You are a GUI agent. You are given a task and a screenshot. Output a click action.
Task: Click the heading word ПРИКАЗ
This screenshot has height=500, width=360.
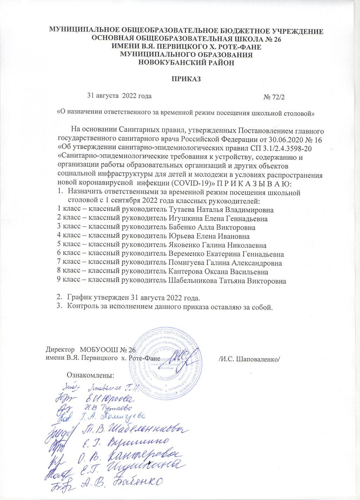coord(186,79)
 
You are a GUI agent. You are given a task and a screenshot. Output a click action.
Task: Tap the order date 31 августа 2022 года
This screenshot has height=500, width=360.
coord(120,95)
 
